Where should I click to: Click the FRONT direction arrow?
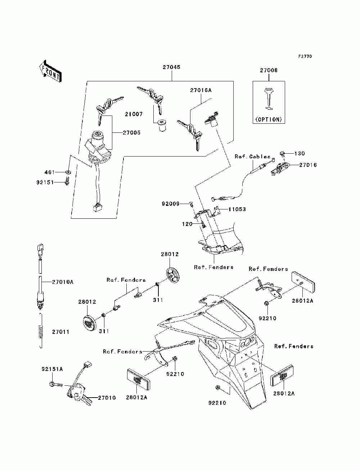(51, 71)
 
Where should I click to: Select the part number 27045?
(171, 67)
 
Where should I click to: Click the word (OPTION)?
(269, 119)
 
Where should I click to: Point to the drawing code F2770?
(305, 56)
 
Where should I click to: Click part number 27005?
(132, 133)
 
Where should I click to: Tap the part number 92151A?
(52, 369)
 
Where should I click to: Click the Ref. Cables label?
(252, 157)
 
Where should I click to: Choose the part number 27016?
(308, 165)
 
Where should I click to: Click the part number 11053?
(237, 209)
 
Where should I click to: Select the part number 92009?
(170, 203)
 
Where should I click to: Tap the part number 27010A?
(63, 282)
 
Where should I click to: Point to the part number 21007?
(134, 114)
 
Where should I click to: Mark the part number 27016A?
(201, 90)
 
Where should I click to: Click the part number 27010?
(107, 398)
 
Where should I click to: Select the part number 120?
(187, 224)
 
